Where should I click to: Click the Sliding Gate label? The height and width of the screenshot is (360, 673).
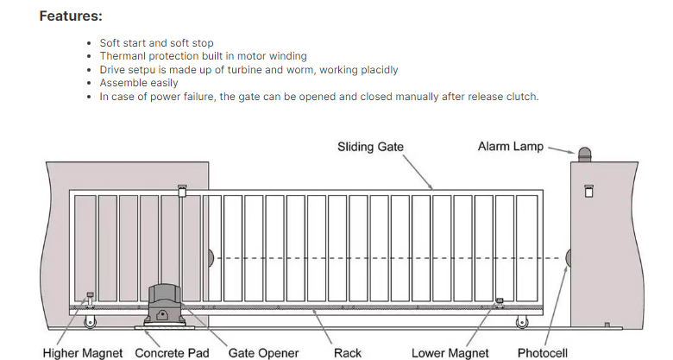pyautogui.click(x=370, y=147)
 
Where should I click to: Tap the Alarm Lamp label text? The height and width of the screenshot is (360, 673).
pyautogui.click(x=511, y=147)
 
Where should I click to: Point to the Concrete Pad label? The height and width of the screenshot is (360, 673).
pyautogui.click(x=172, y=352)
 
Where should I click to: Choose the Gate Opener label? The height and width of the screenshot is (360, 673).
pyautogui.click(x=263, y=352)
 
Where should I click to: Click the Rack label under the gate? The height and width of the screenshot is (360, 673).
pyautogui.click(x=348, y=352)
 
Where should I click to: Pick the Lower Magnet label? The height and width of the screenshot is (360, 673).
pyautogui.click(x=450, y=352)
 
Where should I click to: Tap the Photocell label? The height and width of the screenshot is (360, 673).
pyautogui.click(x=542, y=352)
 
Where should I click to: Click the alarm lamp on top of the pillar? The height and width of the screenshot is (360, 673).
pyautogui.click(x=585, y=156)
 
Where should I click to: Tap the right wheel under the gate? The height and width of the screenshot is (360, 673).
pyautogui.click(x=521, y=322)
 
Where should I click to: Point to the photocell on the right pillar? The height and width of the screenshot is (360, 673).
pyautogui.click(x=568, y=257)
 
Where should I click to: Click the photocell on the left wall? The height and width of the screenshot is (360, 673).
pyautogui.click(x=210, y=257)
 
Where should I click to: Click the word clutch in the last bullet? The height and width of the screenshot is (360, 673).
pyautogui.click(x=519, y=97)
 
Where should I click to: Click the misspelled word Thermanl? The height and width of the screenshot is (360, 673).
pyautogui.click(x=122, y=55)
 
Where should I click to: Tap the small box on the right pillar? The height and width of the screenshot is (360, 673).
pyautogui.click(x=589, y=191)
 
